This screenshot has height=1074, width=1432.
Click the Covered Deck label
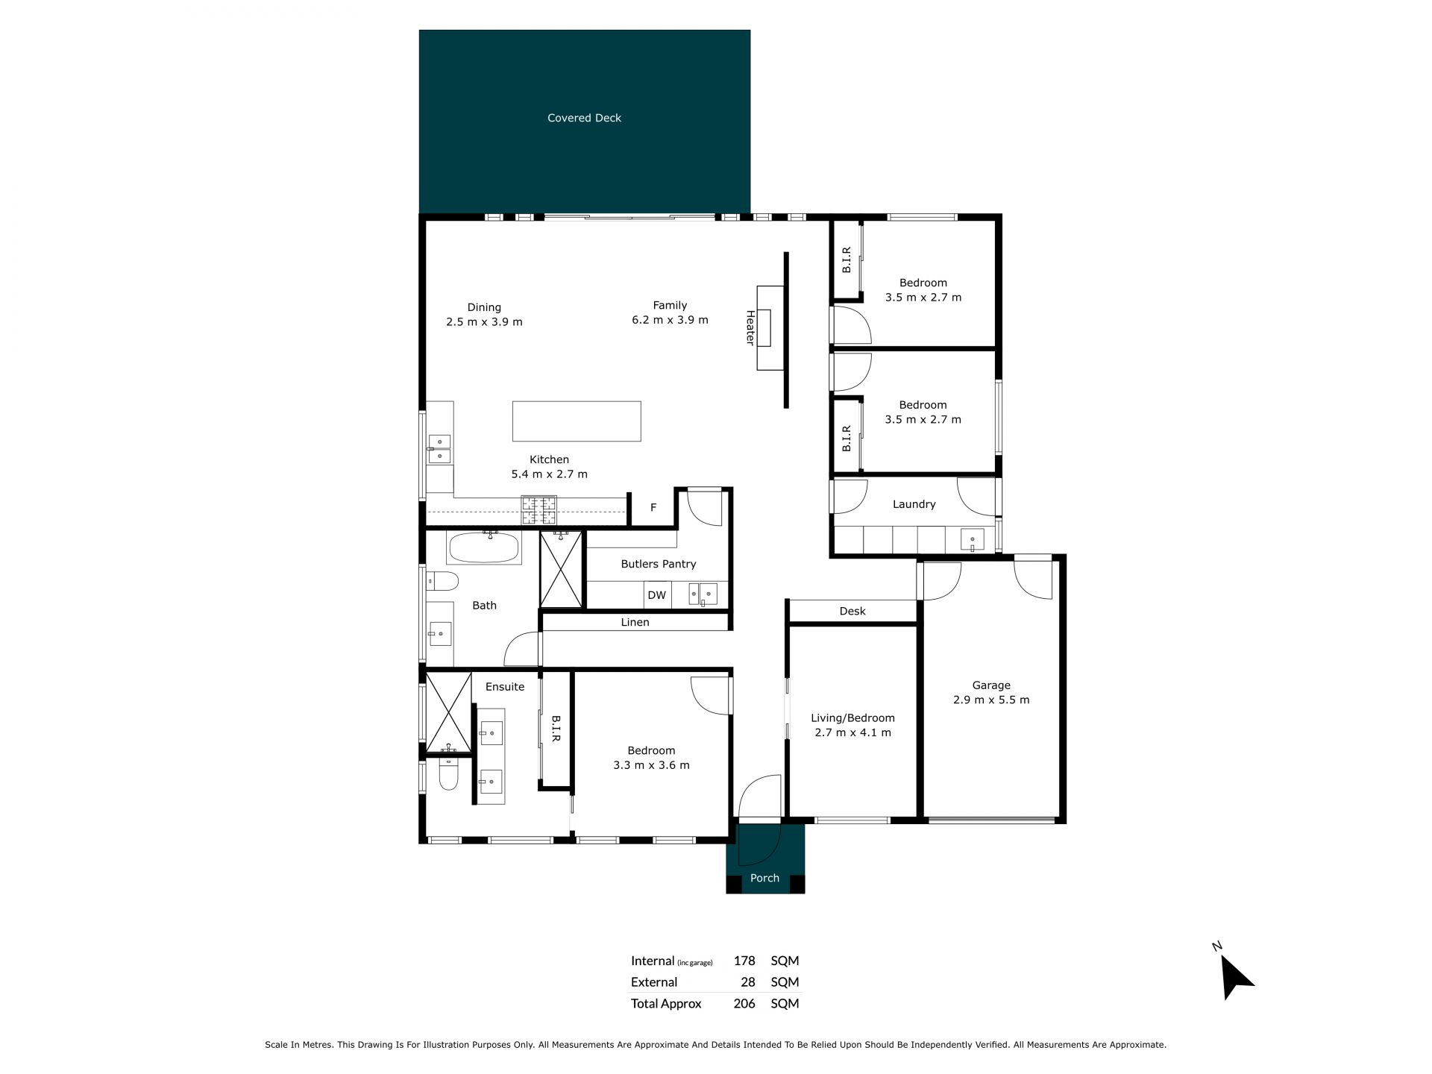coord(584,118)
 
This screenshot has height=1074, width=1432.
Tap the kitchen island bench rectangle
coord(577,421)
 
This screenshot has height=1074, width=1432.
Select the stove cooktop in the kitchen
coord(538,510)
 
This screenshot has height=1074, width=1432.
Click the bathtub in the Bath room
coord(483,548)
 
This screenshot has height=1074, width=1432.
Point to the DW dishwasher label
coord(656,595)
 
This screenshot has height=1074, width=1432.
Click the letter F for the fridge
coord(653,508)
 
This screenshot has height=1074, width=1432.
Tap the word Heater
coord(750,327)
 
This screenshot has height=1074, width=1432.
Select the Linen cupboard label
coord(635,622)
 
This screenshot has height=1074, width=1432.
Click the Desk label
coord(852,611)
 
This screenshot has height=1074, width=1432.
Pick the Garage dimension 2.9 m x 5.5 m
coord(991,700)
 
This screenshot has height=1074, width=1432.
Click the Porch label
coord(764,878)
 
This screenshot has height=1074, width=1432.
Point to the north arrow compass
coord(1235,975)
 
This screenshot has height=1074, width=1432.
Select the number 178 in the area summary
coord(744,961)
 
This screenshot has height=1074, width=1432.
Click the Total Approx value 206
coord(744,1003)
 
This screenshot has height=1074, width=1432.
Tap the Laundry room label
coord(914,504)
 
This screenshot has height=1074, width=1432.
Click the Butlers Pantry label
coord(659,564)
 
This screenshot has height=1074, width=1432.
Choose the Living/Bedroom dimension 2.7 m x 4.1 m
coord(852,732)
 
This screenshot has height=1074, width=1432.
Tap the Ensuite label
coord(505,686)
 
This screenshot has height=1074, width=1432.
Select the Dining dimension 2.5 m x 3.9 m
coord(484,322)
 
